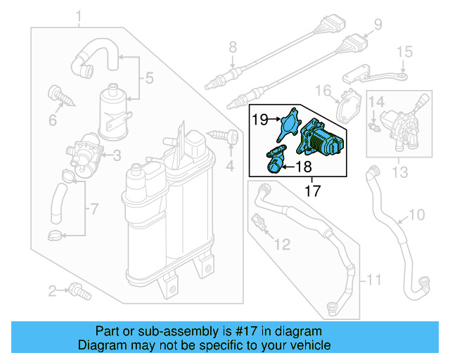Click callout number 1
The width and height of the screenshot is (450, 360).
(79, 15)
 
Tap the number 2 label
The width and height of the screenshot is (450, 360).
(51, 290)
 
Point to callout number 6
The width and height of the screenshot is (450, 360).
(52, 120)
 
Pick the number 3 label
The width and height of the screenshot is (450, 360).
(117, 154)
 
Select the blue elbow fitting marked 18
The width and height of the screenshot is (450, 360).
(275, 161)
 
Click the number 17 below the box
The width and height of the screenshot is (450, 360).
(312, 190)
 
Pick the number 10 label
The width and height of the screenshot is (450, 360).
(416, 214)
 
